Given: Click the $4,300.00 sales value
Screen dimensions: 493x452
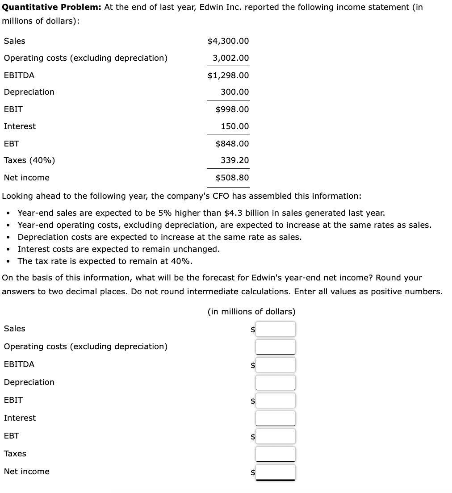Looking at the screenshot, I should pyautogui.click(x=228, y=41).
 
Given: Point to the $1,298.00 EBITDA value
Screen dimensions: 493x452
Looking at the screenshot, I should pyautogui.click(x=228, y=75).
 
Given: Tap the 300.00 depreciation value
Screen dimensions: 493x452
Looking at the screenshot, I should pyautogui.click(x=234, y=92).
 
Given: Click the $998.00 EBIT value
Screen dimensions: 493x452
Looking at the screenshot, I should pyautogui.click(x=232, y=109).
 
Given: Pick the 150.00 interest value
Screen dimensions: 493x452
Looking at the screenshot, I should pyautogui.click(x=234, y=126).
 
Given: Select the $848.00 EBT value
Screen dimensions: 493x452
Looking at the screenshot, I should pyautogui.click(x=232, y=144).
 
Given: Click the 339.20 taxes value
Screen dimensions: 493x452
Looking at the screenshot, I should pyautogui.click(x=234, y=160).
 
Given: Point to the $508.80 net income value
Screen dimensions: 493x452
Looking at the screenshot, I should pyautogui.click(x=232, y=178).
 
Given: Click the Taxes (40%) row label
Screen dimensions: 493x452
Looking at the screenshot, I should pyautogui.click(x=29, y=160).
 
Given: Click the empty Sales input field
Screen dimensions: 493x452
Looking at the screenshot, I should pyautogui.click(x=275, y=329).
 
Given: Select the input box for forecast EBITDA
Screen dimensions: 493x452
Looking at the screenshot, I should pyautogui.click(x=275, y=365).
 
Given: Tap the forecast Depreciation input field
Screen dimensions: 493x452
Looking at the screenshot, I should pyautogui.click(x=275, y=382).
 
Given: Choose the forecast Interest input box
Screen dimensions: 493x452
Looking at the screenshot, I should pyautogui.click(x=275, y=418).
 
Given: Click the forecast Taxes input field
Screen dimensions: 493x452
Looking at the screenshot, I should pyautogui.click(x=275, y=454).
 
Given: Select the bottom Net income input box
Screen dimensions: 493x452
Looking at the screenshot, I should pyautogui.click(x=275, y=472).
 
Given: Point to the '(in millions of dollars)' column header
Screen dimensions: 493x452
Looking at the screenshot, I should pyautogui.click(x=251, y=312).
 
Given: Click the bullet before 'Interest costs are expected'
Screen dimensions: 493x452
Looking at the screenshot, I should pyautogui.click(x=9, y=249).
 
